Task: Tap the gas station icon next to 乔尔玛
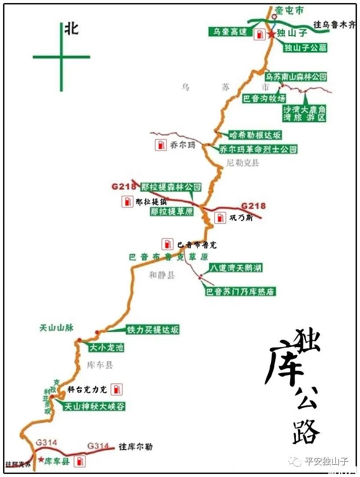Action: point(161,145)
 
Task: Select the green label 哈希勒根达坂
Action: point(255,135)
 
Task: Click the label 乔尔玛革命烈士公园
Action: point(258,149)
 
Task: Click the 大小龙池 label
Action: point(106,348)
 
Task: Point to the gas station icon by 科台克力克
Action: point(116,389)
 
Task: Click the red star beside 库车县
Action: point(41,460)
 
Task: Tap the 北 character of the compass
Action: point(71,29)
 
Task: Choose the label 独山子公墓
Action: point(305,48)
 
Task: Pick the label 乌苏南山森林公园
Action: point(297,77)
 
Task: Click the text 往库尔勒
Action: point(136,447)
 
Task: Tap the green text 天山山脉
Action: point(56,327)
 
